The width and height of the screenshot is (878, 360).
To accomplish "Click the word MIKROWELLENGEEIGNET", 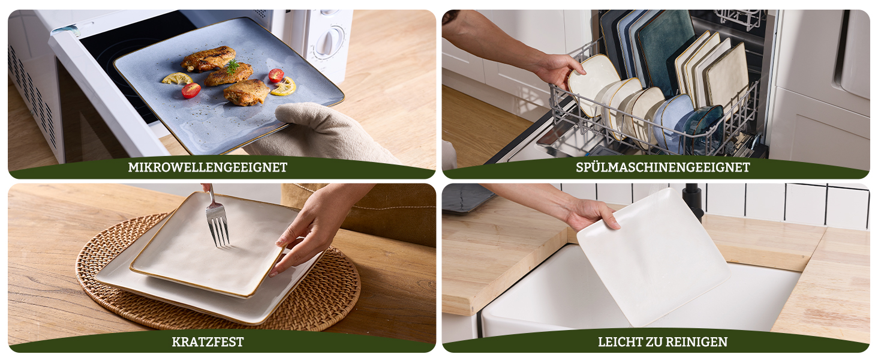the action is pyautogui.click(x=208, y=167).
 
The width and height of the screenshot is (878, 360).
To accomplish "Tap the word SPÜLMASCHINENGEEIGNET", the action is pyautogui.click(x=663, y=167).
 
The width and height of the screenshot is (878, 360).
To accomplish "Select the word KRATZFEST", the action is pyautogui.click(x=208, y=342).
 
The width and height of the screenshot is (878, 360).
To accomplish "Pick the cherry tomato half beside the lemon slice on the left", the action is pyautogui.click(x=191, y=91).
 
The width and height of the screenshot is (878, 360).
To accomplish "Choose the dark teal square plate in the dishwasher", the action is pyautogui.click(x=663, y=51).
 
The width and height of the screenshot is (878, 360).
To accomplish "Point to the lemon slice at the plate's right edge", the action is pyautogui.click(x=283, y=86).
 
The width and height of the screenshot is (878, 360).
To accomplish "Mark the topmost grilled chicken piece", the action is pyautogui.click(x=208, y=58).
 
